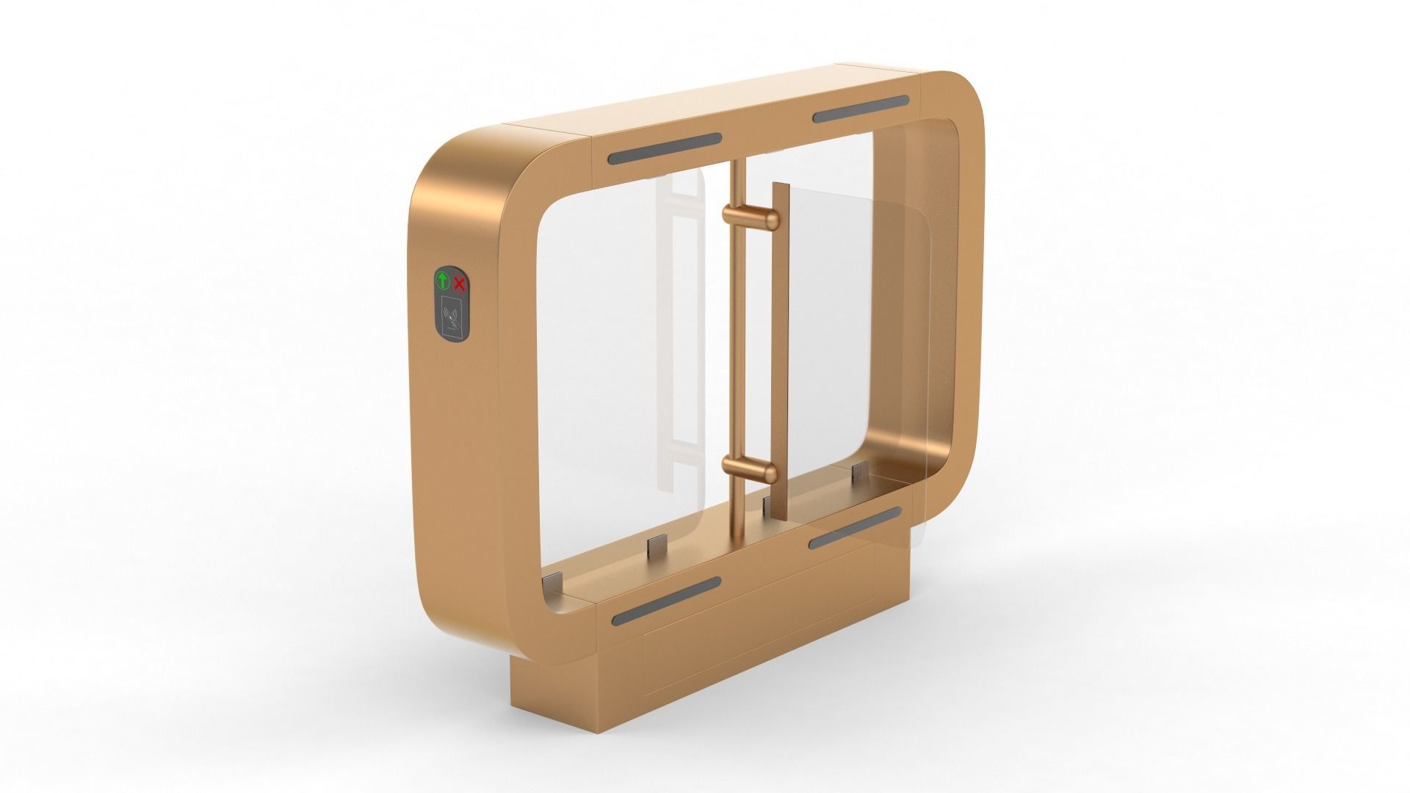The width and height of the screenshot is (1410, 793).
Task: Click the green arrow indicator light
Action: [443, 280]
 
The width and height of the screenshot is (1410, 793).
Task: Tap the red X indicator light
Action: [460, 283]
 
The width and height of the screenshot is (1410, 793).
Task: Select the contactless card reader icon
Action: [452, 315]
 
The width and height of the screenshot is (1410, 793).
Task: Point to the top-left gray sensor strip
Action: [665, 148]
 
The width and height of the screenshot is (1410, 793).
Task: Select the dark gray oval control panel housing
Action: [451, 303]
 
